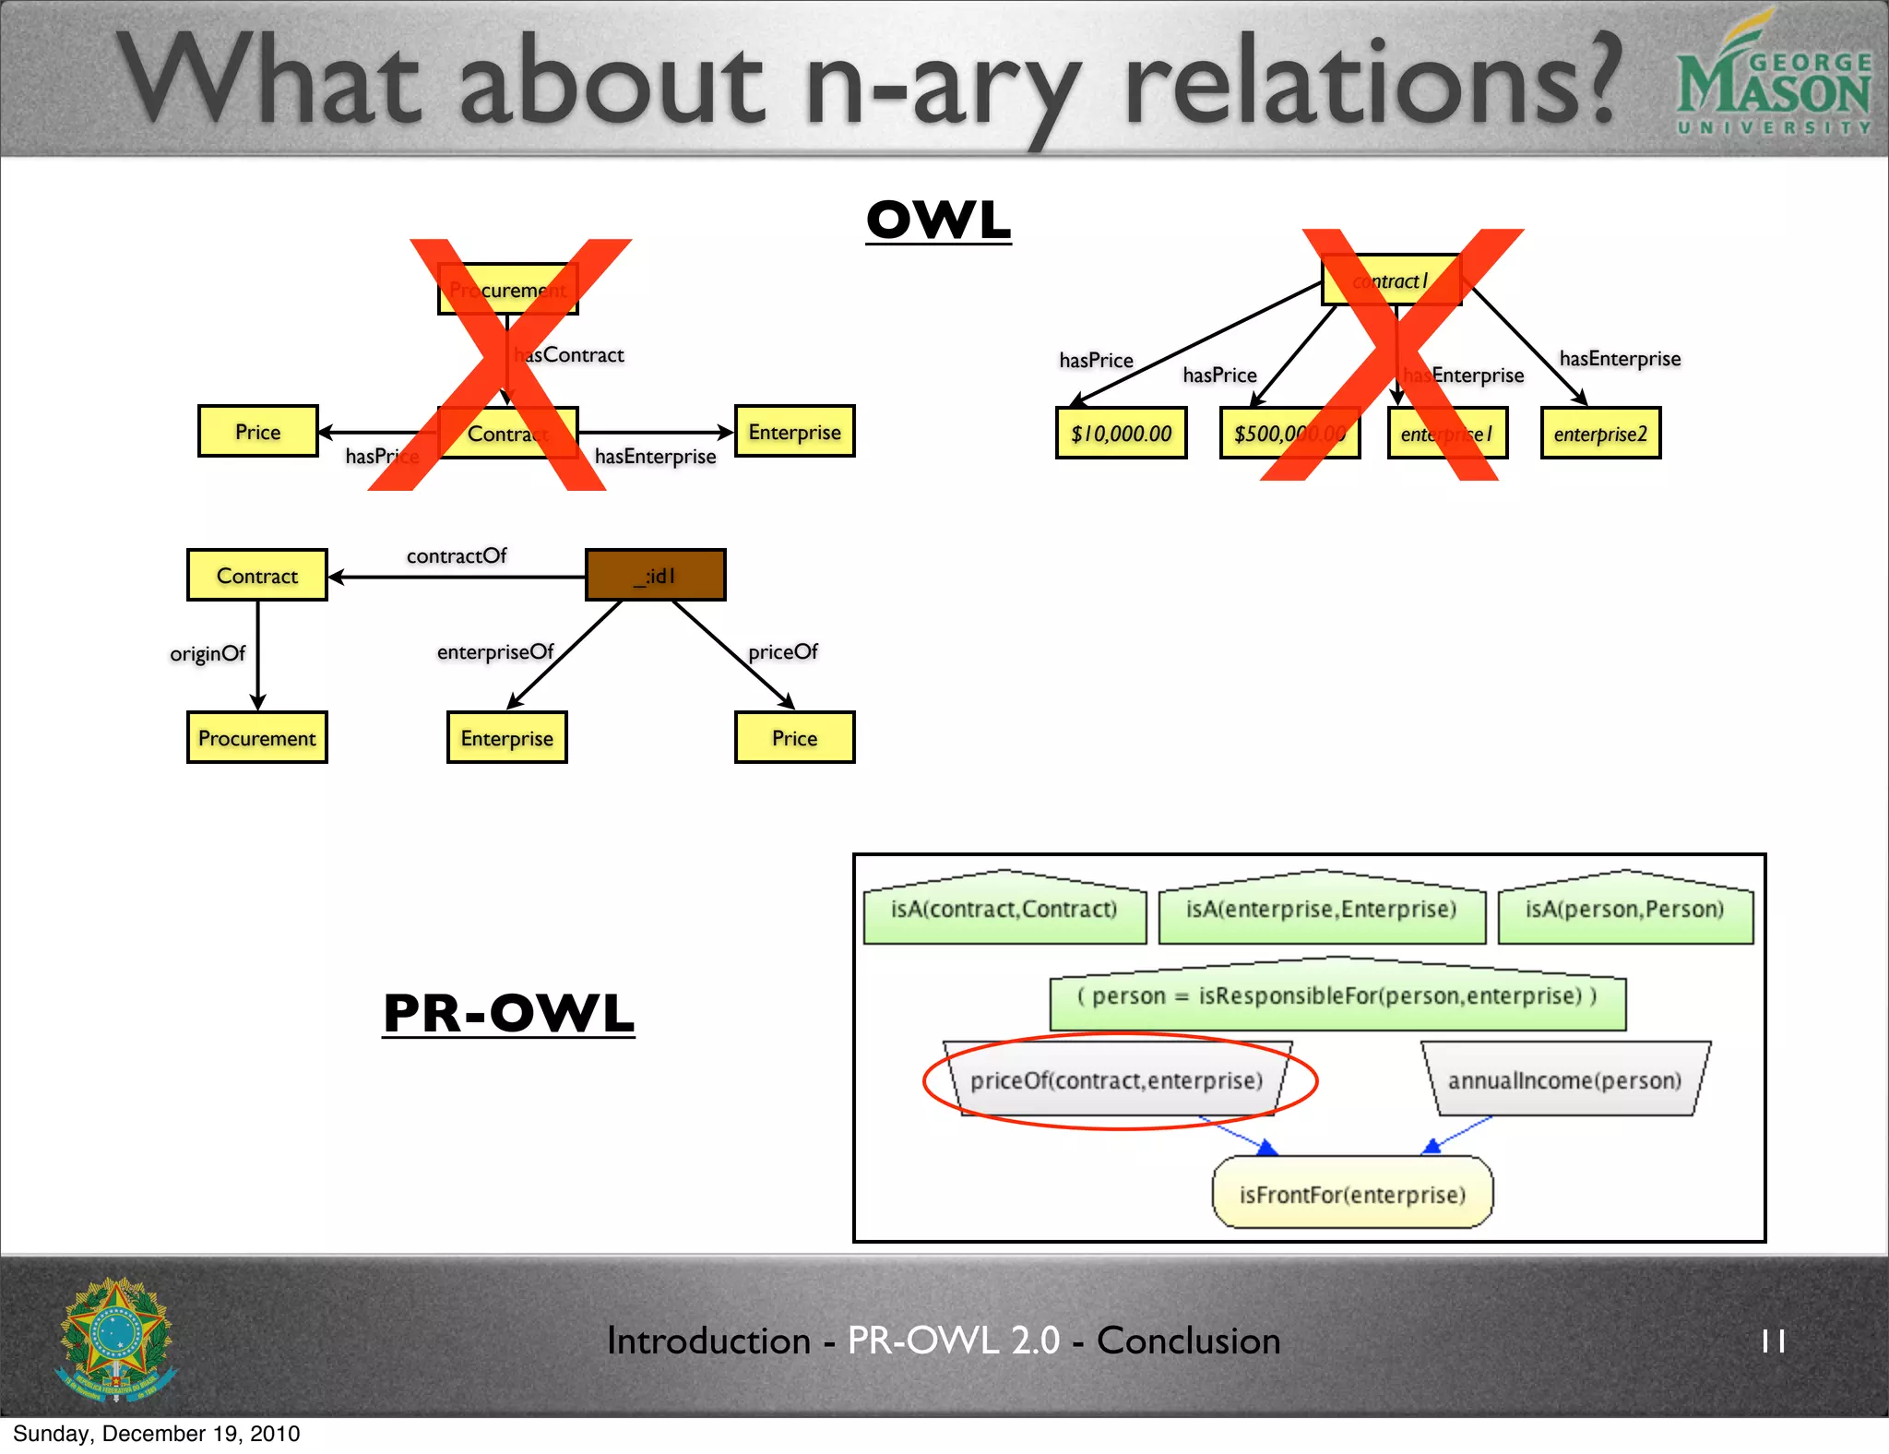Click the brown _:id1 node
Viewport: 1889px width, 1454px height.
(x=655, y=575)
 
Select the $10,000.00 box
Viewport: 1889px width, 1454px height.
(x=1121, y=433)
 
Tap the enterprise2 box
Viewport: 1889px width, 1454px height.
(x=1600, y=434)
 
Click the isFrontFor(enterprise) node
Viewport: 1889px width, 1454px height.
(x=1351, y=1194)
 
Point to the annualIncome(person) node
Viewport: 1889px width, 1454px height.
(x=1564, y=1079)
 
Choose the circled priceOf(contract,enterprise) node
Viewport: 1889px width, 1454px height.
(x=1116, y=1079)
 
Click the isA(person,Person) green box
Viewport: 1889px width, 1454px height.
(x=1624, y=910)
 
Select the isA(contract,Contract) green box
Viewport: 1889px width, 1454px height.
(x=1004, y=910)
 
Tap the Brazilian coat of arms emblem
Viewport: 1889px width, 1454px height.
(x=116, y=1339)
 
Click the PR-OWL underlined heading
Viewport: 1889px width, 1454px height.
(x=508, y=1013)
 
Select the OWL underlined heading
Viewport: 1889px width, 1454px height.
(x=938, y=220)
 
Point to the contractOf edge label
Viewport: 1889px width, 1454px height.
(x=457, y=555)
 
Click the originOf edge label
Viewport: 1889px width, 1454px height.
(x=208, y=653)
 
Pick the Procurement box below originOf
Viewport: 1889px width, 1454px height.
(x=256, y=737)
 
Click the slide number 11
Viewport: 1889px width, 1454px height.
(x=1773, y=1341)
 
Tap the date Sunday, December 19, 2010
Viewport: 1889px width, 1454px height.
(x=157, y=1433)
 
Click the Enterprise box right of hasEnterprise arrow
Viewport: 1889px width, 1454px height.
(x=794, y=432)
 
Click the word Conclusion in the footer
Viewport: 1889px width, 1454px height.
(x=1188, y=1341)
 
